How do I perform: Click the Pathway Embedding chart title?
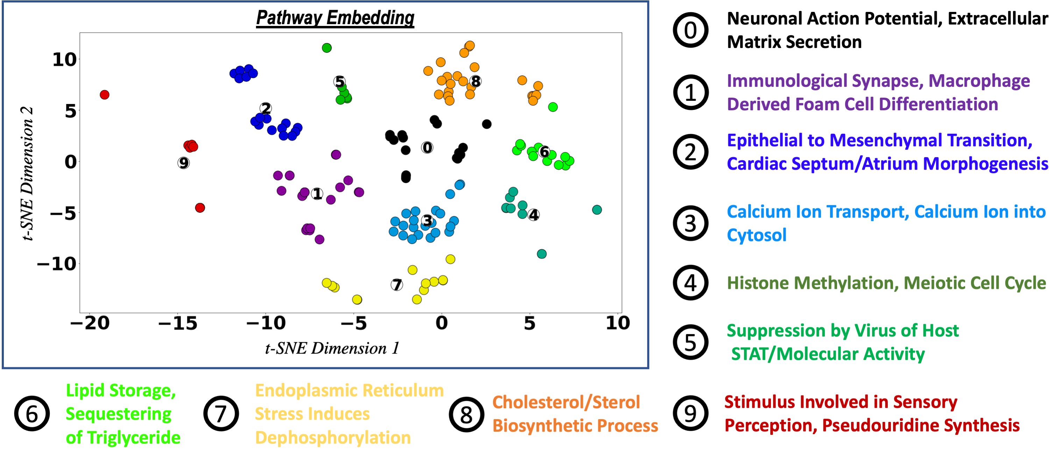(x=335, y=18)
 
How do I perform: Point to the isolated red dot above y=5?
(x=105, y=95)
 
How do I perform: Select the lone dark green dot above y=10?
(x=327, y=48)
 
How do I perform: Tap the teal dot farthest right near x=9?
(x=597, y=209)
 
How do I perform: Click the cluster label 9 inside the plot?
(x=184, y=163)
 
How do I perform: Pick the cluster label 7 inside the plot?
(x=397, y=285)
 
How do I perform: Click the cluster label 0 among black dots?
(x=427, y=147)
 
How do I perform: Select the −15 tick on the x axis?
(x=178, y=323)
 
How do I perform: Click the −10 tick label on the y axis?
(x=57, y=264)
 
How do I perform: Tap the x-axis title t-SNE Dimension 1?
(x=332, y=348)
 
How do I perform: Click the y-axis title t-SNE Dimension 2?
(x=27, y=173)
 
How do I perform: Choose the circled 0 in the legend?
(x=690, y=30)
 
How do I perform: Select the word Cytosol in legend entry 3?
(x=756, y=235)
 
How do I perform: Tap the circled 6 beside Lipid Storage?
(x=32, y=413)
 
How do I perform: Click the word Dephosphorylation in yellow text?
(x=332, y=437)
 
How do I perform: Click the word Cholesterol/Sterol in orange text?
(x=566, y=402)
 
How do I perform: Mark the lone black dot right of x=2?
(x=487, y=124)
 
